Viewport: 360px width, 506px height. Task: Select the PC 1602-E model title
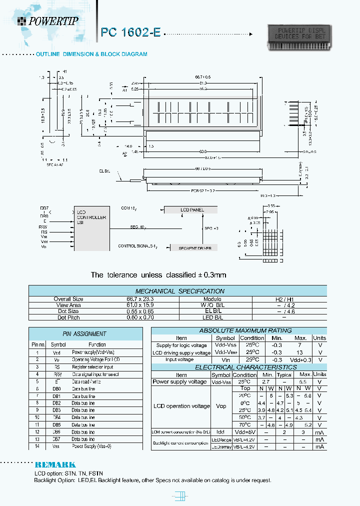click(x=130, y=32)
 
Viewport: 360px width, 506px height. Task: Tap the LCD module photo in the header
click(x=299, y=37)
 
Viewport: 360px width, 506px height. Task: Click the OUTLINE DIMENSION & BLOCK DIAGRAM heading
click(x=91, y=54)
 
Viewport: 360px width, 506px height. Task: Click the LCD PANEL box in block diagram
click(x=192, y=210)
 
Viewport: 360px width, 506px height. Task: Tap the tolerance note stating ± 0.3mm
click(x=158, y=275)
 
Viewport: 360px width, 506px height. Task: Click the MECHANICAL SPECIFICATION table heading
click(x=180, y=291)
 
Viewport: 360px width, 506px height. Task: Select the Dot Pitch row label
click(x=68, y=317)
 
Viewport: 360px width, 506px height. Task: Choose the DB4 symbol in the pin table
click(x=56, y=417)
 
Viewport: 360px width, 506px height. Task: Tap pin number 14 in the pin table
click(x=37, y=446)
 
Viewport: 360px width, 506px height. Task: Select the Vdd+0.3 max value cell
click(x=301, y=359)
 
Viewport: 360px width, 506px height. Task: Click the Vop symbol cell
click(x=221, y=406)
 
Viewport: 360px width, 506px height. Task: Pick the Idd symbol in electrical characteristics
click(x=221, y=431)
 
